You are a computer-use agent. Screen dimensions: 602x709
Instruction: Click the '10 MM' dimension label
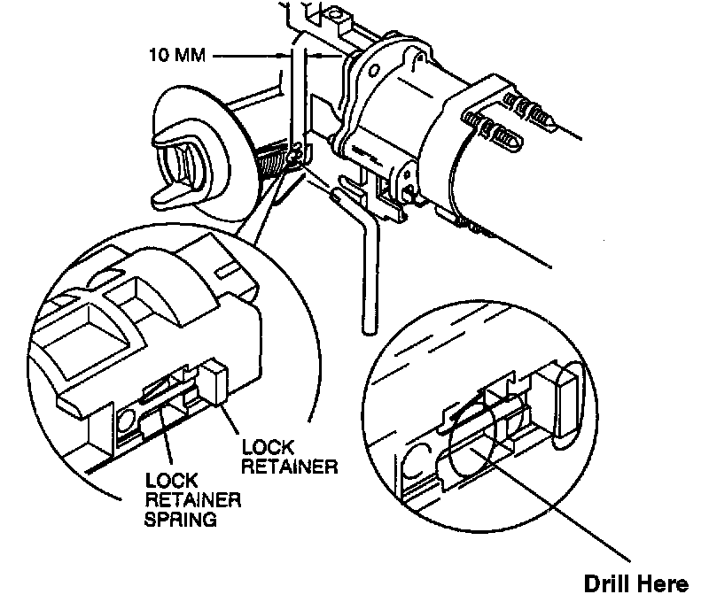[x=176, y=56]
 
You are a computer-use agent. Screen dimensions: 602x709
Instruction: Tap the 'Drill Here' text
[x=635, y=584]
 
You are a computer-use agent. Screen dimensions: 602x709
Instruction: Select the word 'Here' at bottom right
[x=665, y=584]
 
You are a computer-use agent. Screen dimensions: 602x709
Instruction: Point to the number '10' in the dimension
[x=160, y=56]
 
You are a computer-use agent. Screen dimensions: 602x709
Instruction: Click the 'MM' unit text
[x=190, y=56]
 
